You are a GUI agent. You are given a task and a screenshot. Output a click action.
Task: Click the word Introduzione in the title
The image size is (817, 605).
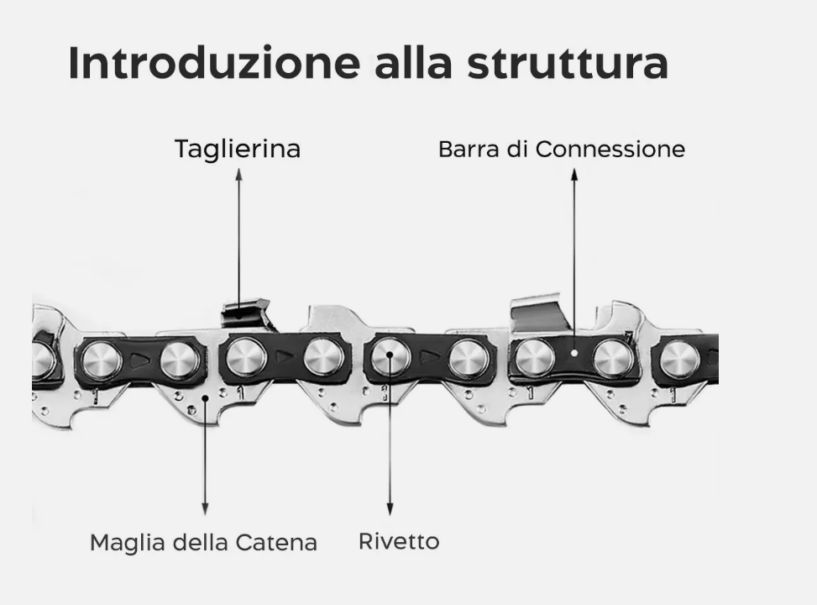pos(213,63)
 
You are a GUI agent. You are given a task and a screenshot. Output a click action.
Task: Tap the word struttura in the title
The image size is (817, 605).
pos(568,64)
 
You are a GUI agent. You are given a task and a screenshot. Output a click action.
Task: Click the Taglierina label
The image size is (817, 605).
pos(238,150)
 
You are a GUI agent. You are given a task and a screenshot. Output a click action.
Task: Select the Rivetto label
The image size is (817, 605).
pos(399,542)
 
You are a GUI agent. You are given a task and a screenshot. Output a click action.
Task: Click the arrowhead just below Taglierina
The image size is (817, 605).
pos(238,174)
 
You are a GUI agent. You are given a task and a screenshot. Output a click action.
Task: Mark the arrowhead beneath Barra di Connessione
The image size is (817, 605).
pos(574,174)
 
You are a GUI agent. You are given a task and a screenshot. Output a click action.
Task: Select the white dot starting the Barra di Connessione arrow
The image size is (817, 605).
pos(574,354)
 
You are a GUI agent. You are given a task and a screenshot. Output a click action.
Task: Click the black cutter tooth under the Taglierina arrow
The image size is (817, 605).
pos(246,314)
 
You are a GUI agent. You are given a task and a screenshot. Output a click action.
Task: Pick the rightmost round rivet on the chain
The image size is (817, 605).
pos(679,359)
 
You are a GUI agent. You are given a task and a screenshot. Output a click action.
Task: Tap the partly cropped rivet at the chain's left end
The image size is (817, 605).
pos(42,360)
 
